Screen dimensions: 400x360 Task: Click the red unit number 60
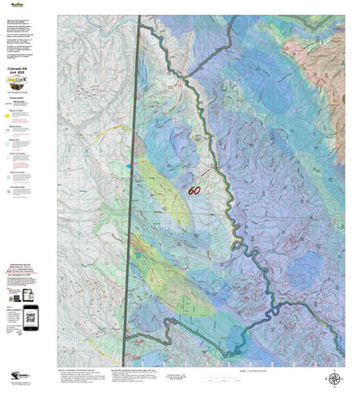(x=195, y=191)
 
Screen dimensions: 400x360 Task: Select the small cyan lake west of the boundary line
(x=127, y=167)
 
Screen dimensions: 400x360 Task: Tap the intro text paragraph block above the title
(x=27, y=36)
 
